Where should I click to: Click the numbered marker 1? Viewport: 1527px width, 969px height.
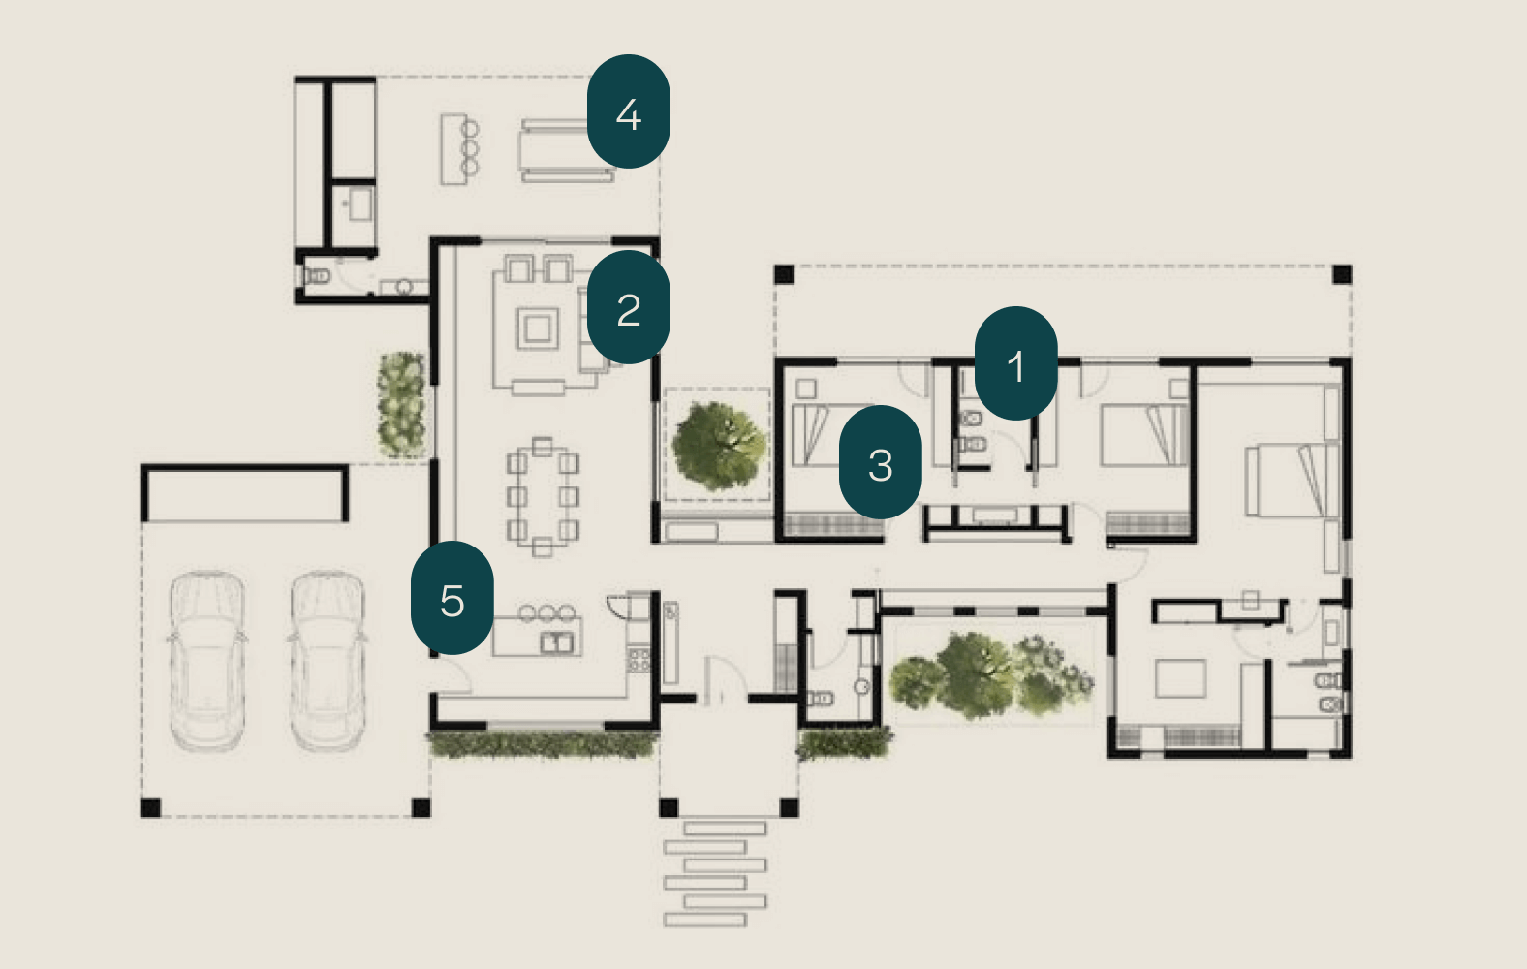click(1015, 362)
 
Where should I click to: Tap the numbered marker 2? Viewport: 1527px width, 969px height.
click(628, 307)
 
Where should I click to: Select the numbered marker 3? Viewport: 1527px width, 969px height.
click(880, 462)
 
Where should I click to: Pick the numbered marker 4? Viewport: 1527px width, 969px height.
click(628, 111)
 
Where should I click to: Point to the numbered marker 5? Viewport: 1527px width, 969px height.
click(452, 598)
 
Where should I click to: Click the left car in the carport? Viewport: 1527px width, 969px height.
click(207, 661)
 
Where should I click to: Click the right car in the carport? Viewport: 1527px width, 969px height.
click(327, 661)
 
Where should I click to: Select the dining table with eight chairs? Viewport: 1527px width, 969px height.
click(542, 496)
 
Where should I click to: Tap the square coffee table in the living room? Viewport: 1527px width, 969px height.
click(538, 329)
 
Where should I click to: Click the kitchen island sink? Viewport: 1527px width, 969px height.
click(556, 642)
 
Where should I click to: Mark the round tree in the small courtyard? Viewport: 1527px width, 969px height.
click(719, 446)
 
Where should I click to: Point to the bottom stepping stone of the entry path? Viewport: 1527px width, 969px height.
click(704, 920)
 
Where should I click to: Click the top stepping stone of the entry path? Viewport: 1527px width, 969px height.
click(725, 828)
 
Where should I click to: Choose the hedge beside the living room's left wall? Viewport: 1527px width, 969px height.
click(401, 404)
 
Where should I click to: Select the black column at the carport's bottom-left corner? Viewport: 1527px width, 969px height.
click(150, 807)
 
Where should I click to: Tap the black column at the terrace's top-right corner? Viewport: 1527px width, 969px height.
click(1342, 274)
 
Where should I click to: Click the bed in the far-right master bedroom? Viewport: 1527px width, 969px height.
click(1292, 480)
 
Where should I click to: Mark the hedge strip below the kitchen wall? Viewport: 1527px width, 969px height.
click(543, 744)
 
